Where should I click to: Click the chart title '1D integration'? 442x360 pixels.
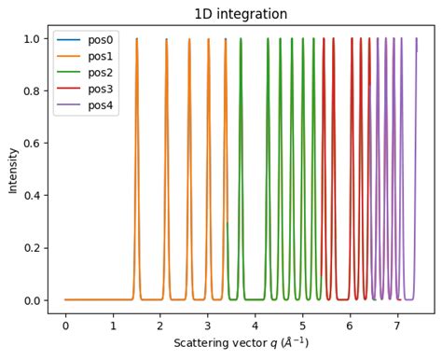pos(240,14)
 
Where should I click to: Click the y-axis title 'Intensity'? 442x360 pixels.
pos(13,169)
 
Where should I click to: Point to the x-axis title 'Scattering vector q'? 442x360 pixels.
pos(241,343)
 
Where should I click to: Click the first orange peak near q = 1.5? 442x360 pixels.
pos(136,42)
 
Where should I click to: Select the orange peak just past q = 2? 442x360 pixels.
pos(167,42)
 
